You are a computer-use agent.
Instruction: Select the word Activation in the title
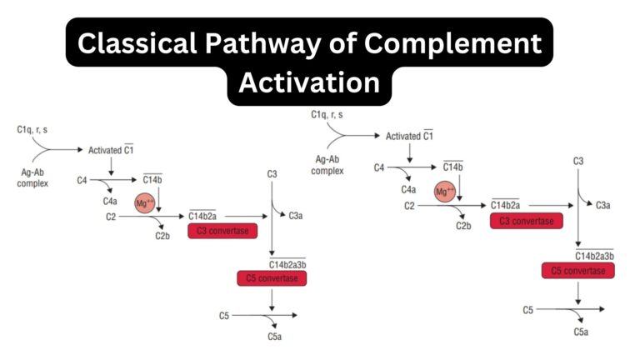[310, 82]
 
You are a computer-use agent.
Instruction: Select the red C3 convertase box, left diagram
[222, 231]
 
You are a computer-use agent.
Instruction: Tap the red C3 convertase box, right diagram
[525, 221]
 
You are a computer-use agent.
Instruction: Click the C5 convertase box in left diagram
[272, 278]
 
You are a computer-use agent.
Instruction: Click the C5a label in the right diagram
[581, 332]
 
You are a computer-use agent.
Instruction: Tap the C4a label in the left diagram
[110, 201]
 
